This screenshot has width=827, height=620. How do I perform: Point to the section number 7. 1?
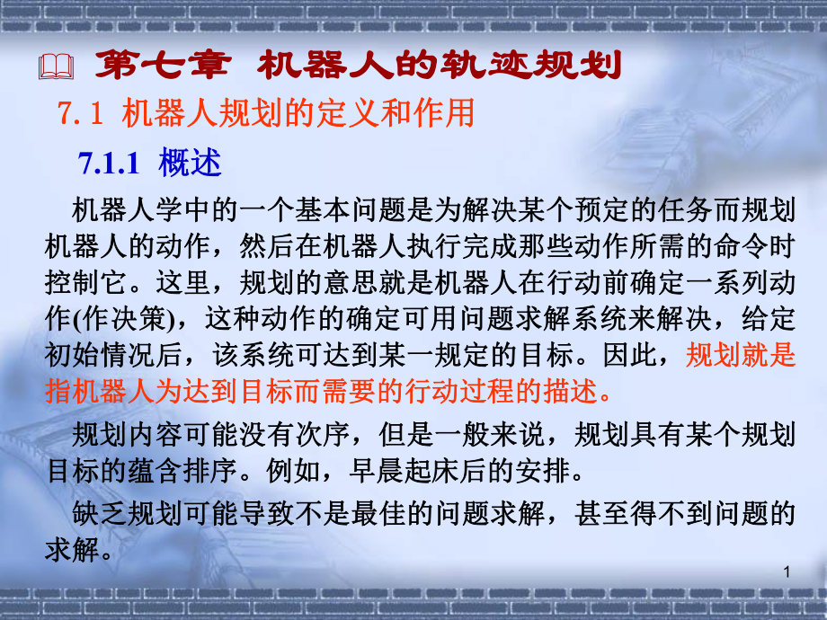tap(83, 114)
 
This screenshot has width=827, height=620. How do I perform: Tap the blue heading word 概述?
tap(191, 163)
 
